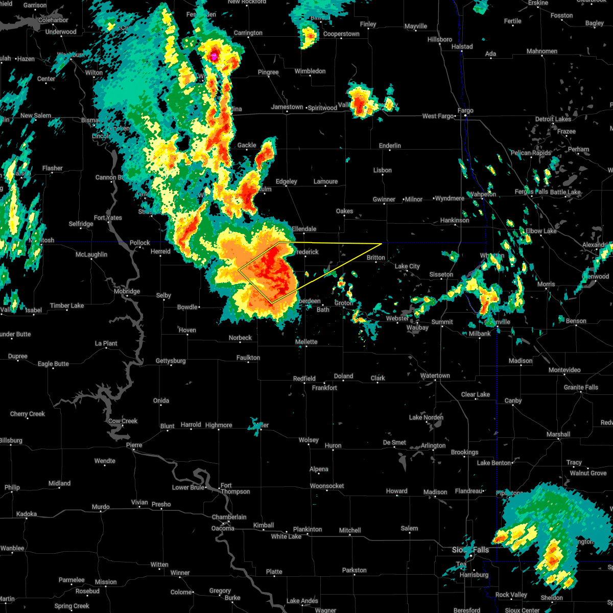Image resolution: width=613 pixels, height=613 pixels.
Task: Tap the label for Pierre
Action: point(134,445)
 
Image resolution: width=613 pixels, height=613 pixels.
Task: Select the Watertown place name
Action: point(435,375)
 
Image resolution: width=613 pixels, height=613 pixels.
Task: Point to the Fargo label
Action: point(465,110)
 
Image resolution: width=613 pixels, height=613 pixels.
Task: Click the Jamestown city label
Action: point(287,107)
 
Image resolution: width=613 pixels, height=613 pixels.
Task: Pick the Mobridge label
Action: point(127,291)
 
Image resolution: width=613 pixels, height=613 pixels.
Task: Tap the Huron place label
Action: point(333,445)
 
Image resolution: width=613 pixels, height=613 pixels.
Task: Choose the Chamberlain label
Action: point(229,517)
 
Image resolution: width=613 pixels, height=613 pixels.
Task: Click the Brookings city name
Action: point(464,452)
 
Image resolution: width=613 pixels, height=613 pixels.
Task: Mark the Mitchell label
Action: point(350,530)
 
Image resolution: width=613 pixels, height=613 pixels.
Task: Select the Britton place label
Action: point(375,257)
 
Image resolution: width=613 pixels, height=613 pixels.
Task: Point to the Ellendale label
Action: point(304,229)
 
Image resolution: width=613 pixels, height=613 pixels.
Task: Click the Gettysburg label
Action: point(171,361)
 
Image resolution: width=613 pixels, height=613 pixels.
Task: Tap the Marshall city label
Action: point(558,434)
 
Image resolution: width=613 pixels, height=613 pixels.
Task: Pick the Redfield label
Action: point(304,379)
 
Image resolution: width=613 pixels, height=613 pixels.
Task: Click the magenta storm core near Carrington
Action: point(215,55)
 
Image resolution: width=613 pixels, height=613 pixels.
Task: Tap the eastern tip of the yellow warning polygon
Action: point(382,243)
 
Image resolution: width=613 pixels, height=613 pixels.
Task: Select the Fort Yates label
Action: point(108,218)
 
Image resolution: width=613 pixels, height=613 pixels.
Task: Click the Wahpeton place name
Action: point(482,194)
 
